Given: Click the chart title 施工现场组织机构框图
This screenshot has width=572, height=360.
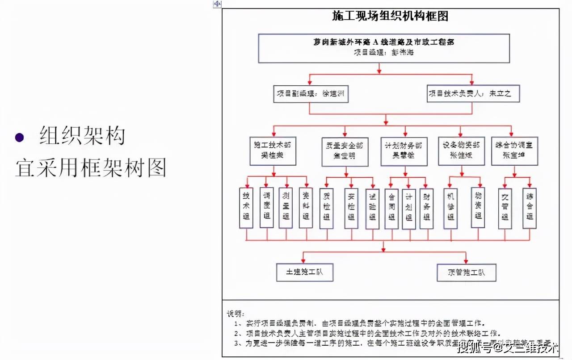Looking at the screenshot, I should tap(390, 17).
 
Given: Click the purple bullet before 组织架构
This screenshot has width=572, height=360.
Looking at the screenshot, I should tap(19, 137).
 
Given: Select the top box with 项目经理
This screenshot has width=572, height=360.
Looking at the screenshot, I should tap(383, 48).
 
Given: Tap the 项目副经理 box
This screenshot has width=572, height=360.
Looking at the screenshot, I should tap(311, 94).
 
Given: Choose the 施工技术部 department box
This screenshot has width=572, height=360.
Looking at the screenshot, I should tap(272, 151).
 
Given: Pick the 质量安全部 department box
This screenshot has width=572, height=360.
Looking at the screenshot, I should tap(345, 151).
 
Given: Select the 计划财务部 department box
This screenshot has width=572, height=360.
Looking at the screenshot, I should tap(404, 151).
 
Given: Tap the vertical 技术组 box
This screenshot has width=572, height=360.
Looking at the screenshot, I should tap(246, 208).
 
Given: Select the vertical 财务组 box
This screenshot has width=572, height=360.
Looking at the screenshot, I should tap(426, 208).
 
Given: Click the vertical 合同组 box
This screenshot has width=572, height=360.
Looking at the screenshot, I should tap(391, 208).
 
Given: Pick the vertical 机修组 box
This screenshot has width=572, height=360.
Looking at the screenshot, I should tap(451, 208).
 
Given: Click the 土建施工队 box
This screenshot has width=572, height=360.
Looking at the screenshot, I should tap(304, 272).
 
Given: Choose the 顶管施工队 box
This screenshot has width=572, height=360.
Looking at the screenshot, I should tap(466, 272).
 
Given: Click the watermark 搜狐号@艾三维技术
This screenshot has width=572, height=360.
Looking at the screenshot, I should tap(509, 347).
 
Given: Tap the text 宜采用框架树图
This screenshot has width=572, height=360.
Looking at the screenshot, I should tap(91, 167).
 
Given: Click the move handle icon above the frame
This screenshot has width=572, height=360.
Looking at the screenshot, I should tap(217, 4).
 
